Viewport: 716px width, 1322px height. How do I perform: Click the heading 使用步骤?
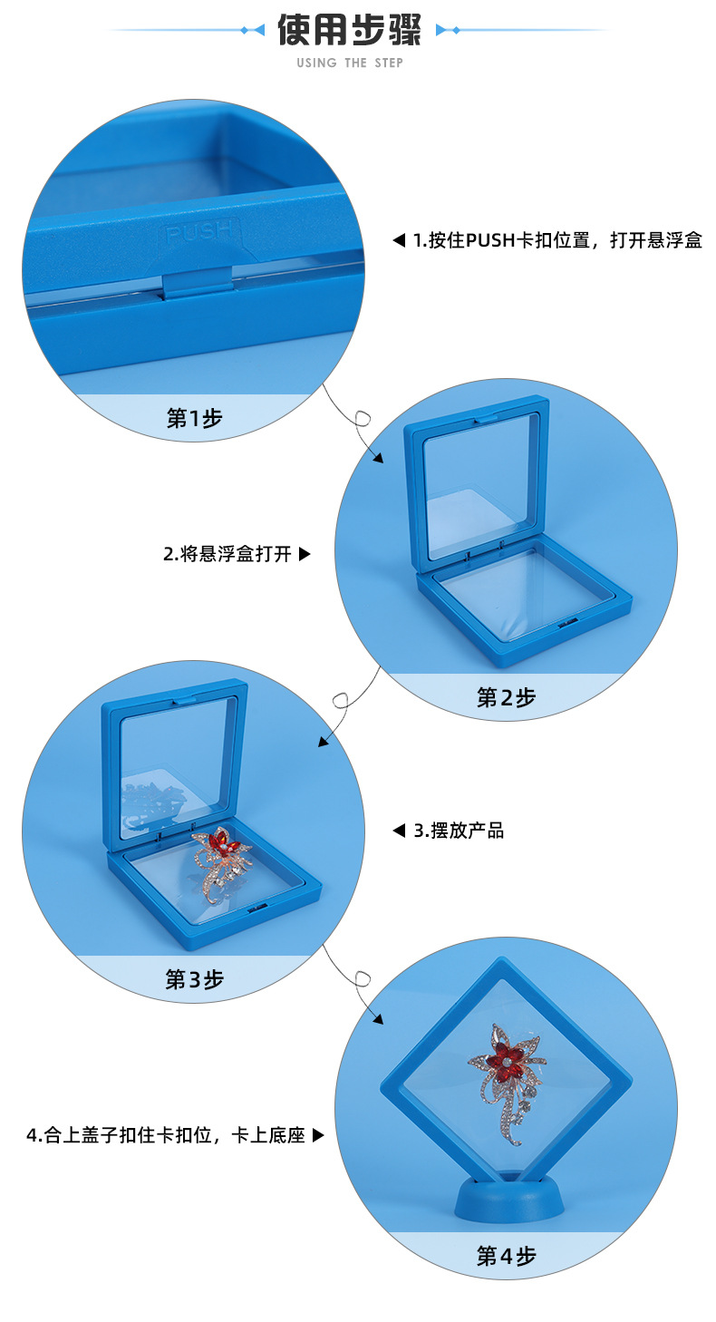(x=349, y=30)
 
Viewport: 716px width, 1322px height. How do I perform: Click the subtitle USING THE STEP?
(x=349, y=63)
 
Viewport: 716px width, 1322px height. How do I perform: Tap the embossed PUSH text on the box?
(x=198, y=232)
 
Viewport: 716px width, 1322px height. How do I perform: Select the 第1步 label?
(x=194, y=418)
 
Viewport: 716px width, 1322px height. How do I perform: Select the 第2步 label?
(x=506, y=697)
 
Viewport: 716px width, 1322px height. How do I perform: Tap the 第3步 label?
(x=194, y=979)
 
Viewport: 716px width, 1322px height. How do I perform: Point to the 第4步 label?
(x=506, y=1256)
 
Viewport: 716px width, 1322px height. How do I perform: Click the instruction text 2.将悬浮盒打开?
(x=227, y=554)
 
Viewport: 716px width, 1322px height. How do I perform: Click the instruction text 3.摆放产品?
(x=459, y=831)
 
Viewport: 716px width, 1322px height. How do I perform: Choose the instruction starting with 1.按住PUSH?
(x=557, y=240)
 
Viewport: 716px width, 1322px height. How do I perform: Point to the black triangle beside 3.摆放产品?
(x=398, y=831)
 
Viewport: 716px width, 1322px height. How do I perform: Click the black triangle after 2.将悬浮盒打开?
(x=305, y=554)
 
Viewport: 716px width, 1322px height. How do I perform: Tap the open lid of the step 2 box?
(x=476, y=481)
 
